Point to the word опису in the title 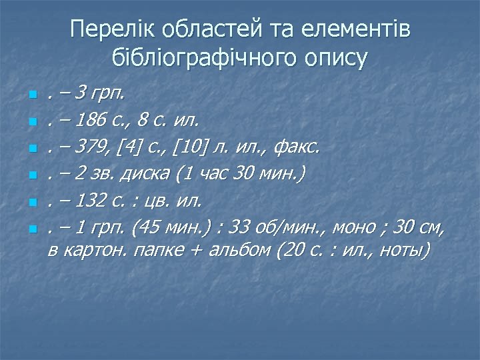337,59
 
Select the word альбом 239,251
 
